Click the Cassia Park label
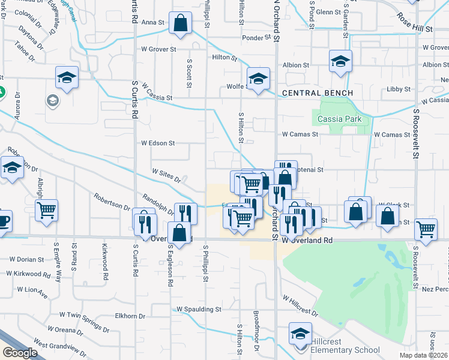340,119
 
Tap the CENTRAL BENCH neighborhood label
317,93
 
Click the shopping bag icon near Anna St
180,25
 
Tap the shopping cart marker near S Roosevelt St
426,228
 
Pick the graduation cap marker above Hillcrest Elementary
300,333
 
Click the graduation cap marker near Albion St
340,61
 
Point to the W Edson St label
158,143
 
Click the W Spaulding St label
199,310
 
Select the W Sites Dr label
166,174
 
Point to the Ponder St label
257,38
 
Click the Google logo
20,353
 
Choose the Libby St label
399,89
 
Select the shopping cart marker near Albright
46,210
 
